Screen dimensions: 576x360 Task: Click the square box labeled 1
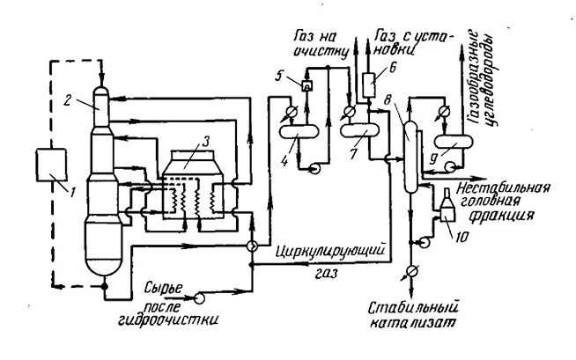pyautogui.click(x=51, y=165)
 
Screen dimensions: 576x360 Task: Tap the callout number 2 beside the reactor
pyautogui.click(x=66, y=100)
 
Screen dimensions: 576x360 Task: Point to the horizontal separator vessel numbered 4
pyautogui.click(x=299, y=131)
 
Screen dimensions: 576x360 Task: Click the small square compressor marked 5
pyautogui.click(x=306, y=86)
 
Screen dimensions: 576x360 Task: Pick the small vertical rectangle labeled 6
pyautogui.click(x=369, y=84)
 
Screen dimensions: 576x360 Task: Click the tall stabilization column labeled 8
pyautogui.click(x=410, y=156)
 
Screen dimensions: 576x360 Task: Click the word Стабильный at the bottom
pyautogui.click(x=414, y=307)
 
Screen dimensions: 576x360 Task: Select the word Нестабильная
pyautogui.click(x=504, y=187)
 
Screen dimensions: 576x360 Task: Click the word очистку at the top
pyautogui.click(x=321, y=52)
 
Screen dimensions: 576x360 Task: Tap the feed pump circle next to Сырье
pyautogui.click(x=199, y=298)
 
